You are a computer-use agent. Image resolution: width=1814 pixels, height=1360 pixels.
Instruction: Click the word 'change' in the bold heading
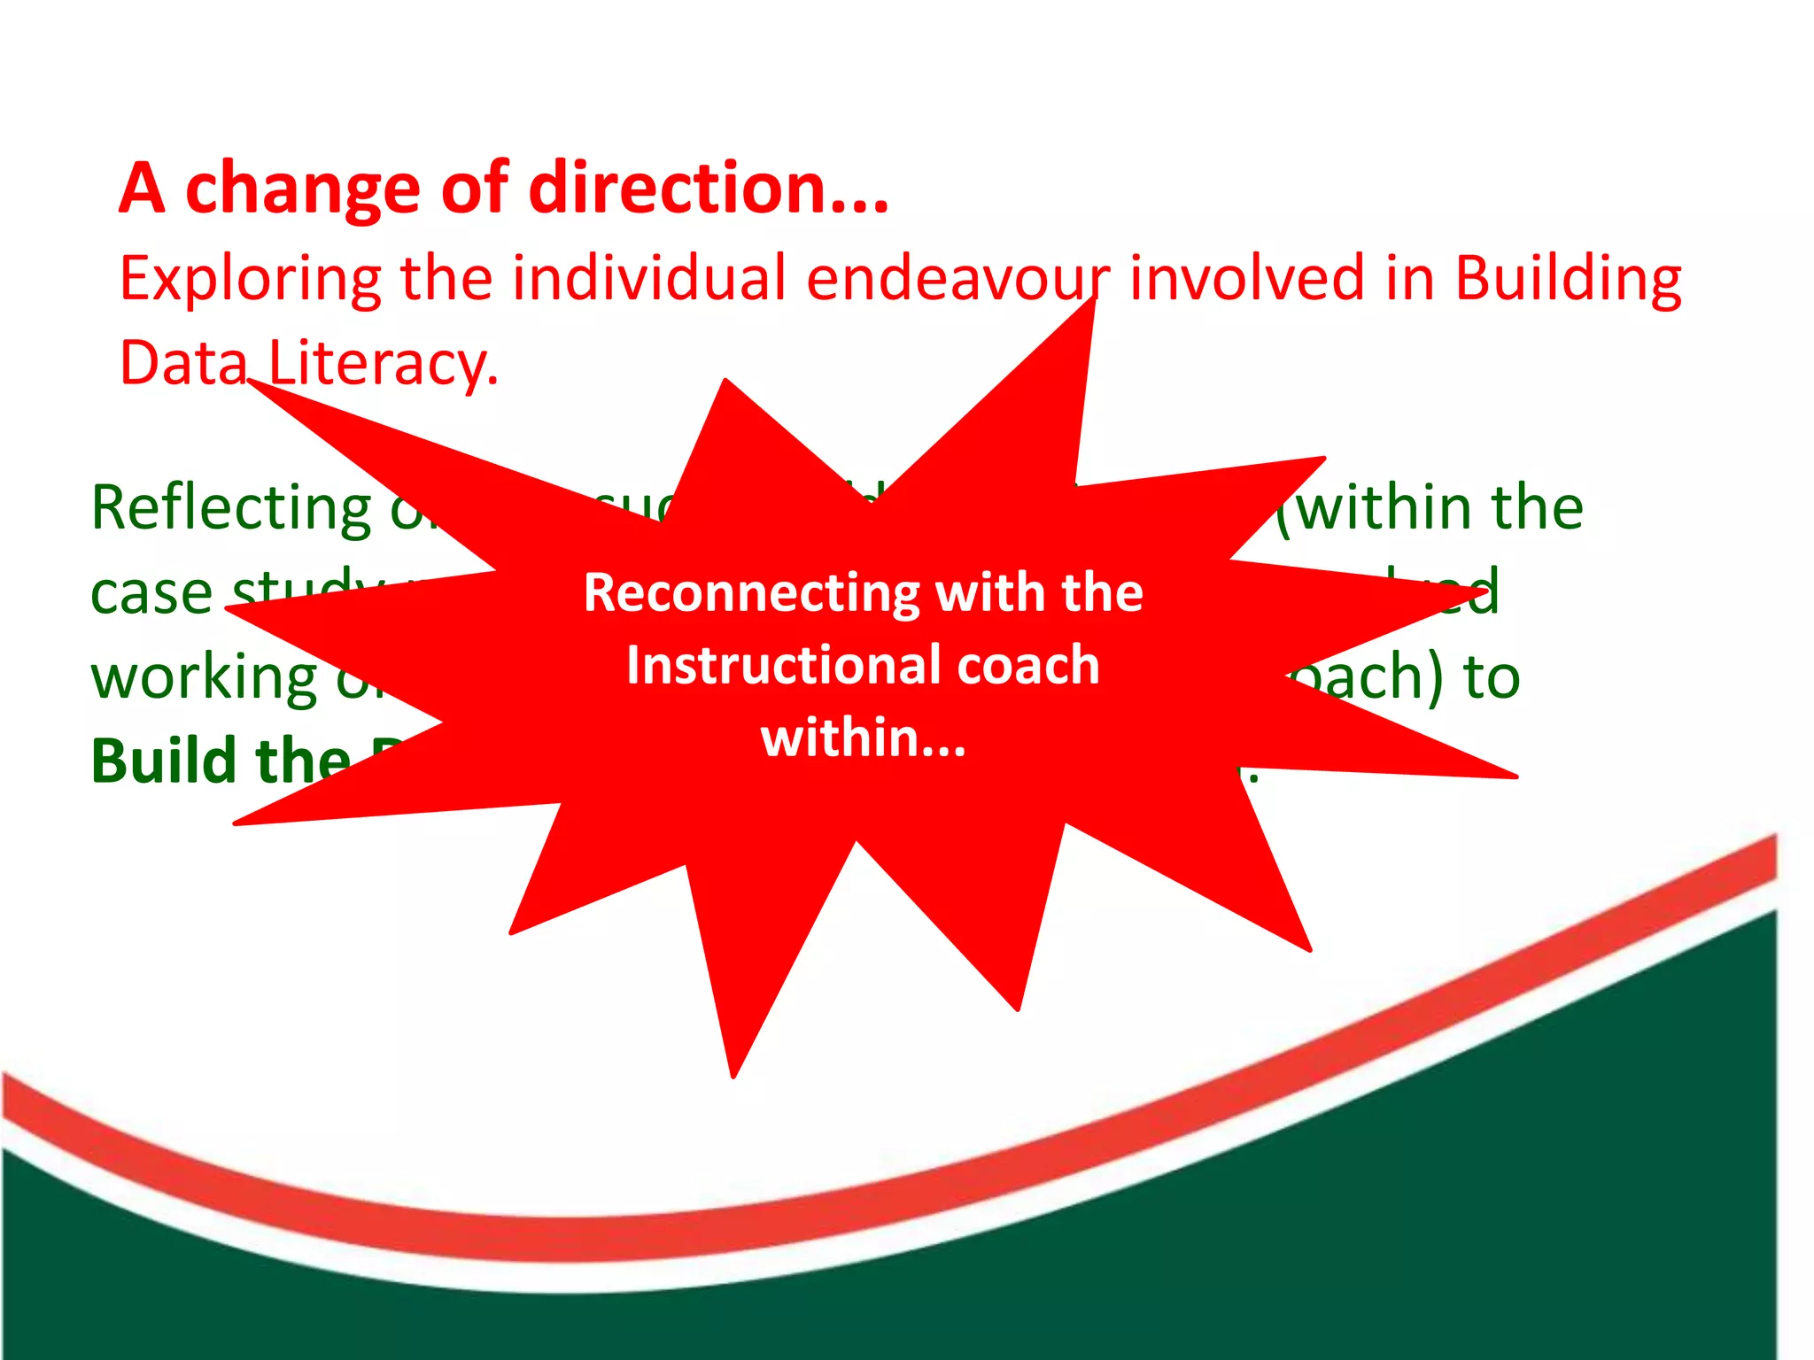301,190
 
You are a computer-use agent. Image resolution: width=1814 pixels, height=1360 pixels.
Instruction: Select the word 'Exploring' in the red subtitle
251,280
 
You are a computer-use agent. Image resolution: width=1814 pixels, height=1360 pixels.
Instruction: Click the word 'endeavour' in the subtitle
957,280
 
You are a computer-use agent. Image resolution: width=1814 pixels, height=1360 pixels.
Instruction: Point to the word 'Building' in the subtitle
1568,280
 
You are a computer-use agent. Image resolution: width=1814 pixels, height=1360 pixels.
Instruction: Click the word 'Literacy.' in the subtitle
384,364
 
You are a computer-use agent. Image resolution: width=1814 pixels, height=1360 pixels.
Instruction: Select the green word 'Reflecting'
232,510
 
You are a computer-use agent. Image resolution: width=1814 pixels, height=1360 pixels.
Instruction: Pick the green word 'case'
151,592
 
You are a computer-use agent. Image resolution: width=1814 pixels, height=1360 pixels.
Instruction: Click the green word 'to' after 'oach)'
1492,677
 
